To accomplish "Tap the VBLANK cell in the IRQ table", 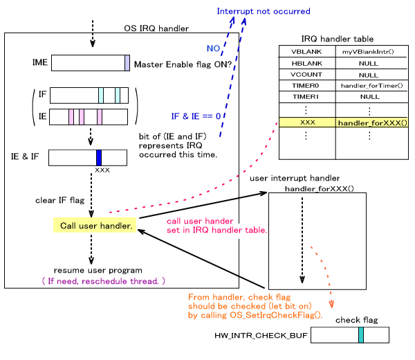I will pos(306,51).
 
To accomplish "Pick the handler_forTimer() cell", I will pos(371,85).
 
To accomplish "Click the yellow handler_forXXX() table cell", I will pos(371,123).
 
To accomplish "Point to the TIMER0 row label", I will pos(306,85).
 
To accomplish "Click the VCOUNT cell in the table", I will pos(306,74).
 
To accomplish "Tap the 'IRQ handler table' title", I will pos(338,39).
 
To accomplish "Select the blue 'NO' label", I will pos(214,48).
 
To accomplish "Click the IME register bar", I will pos(90,63).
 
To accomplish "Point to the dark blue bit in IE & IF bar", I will pos(99,157).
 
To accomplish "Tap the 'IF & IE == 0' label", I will pos(196,116).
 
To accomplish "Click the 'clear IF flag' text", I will pos(59,201).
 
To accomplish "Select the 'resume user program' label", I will pos(98,270).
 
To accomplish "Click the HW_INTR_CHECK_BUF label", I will pos(260,335).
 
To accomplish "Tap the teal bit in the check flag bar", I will pos(361,335).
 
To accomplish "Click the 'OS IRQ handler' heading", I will pos(156,28).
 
